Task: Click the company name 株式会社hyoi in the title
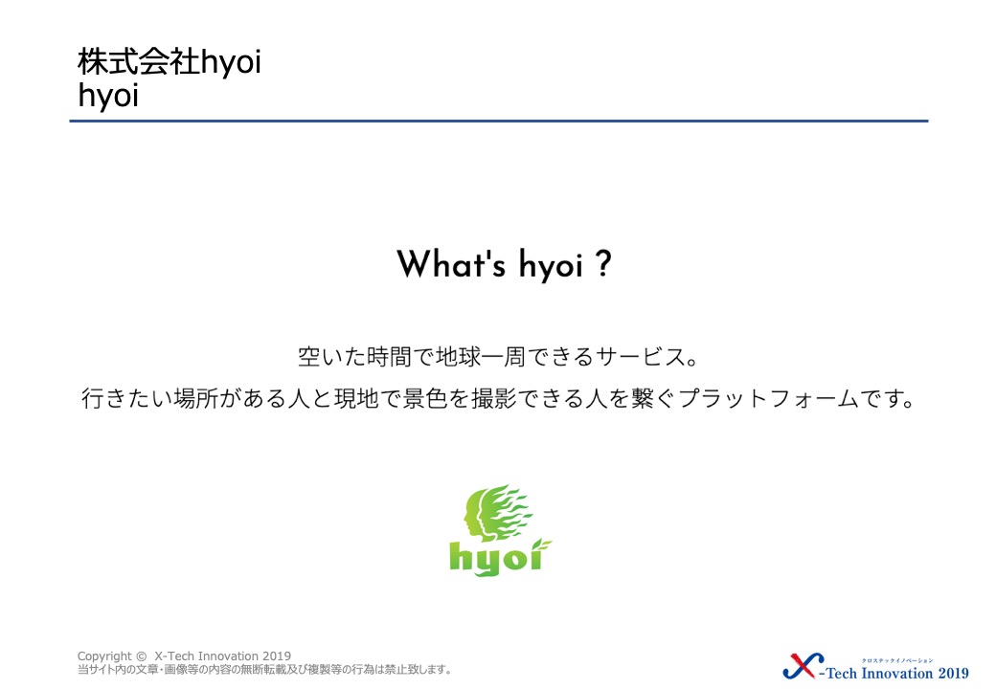[x=169, y=62]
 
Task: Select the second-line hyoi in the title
[x=108, y=97]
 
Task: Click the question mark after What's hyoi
[x=604, y=264]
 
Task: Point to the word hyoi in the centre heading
[x=551, y=265]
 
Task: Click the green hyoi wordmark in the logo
[x=496, y=559]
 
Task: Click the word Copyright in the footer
[x=104, y=656]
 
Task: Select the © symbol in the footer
[x=141, y=656]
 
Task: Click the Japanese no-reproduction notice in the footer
[x=264, y=669]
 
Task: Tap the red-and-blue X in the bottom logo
[x=804, y=665]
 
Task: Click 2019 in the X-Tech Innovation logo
[x=954, y=673]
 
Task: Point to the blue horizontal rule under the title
[x=499, y=121]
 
